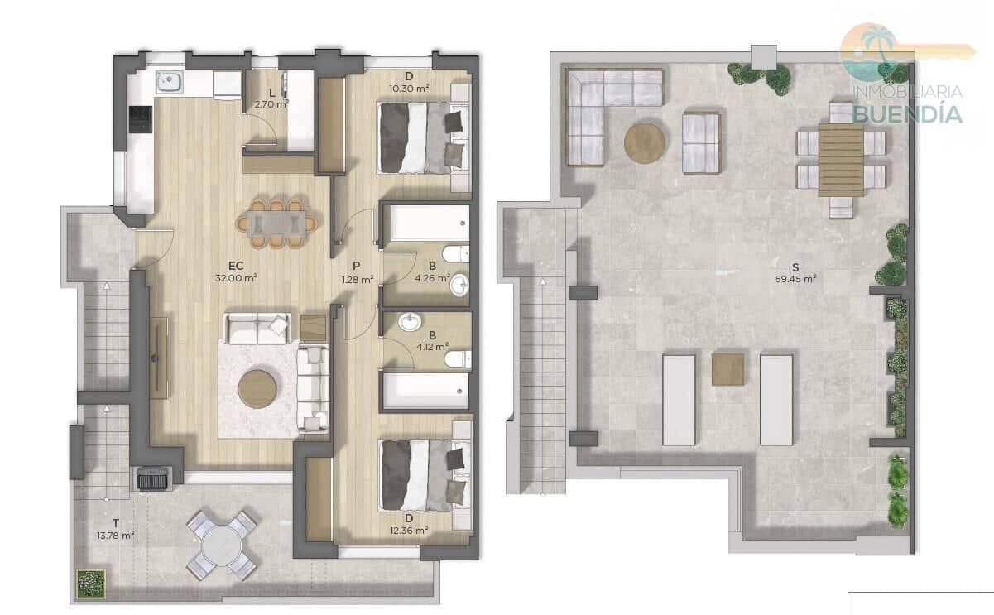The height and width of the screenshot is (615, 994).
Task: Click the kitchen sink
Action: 170,82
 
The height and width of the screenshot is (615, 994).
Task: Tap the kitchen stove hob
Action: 141,120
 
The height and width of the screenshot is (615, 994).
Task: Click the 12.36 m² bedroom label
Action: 410,530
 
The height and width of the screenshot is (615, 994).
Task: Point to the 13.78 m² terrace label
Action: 116,535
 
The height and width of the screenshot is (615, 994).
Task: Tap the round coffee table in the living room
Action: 257,388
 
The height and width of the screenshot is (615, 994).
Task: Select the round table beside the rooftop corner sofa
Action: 645,142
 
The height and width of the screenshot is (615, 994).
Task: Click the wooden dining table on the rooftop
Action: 840,160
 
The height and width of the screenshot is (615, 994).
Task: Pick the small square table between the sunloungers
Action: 727,369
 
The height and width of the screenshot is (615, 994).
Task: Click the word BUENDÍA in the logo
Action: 908,113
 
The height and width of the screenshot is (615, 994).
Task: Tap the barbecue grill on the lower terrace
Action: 151,478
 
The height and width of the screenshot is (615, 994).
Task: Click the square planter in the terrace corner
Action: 89,583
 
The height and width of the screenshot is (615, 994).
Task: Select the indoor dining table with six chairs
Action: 276,222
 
